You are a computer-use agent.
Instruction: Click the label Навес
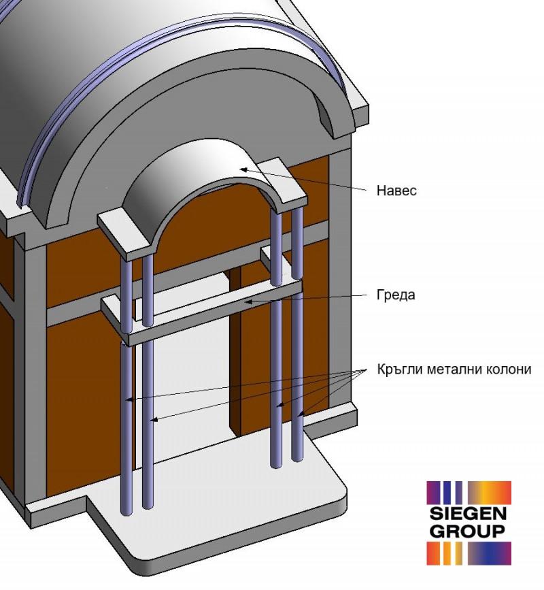coord(396,191)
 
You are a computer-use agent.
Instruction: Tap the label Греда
coord(396,295)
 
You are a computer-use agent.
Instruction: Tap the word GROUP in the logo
coord(467,531)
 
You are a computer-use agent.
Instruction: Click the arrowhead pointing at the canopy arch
coord(243,169)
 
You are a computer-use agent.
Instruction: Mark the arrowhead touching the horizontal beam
coord(249,301)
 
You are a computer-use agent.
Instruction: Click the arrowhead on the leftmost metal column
coord(129,399)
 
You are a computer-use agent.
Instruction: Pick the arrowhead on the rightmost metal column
coord(301,414)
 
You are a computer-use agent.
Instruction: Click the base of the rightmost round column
coord(297,457)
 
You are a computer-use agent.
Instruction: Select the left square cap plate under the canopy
coord(126,235)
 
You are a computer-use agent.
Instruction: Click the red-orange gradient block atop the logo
coord(490,492)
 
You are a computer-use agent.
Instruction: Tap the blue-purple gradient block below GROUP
coord(490,553)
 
